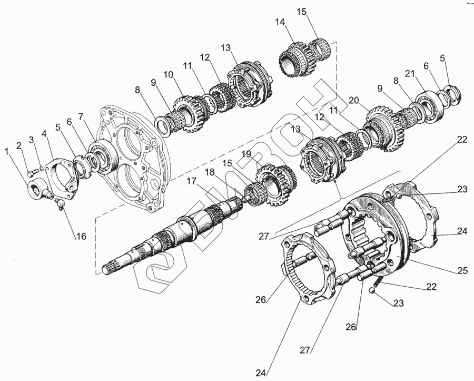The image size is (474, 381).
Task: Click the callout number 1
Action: pos(7,152)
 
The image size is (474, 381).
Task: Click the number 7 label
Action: pos(81,116)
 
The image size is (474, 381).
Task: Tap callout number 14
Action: pos(280,22)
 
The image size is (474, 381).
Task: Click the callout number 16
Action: pos(80,236)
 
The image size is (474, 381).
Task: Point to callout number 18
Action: pos(210,172)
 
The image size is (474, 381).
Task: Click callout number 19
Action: pos(246,154)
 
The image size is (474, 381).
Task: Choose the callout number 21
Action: pos(410,75)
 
